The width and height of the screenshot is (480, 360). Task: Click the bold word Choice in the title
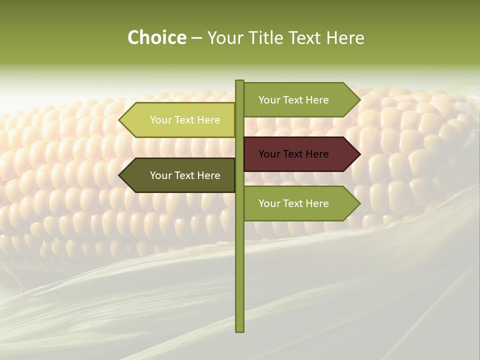click(x=156, y=38)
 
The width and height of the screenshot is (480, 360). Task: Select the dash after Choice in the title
click(x=196, y=38)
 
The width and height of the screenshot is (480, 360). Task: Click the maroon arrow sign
click(x=300, y=154)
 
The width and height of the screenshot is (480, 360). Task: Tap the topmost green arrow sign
click(x=300, y=100)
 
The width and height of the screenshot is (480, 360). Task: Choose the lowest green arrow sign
click(x=300, y=203)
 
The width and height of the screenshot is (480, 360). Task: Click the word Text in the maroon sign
click(x=294, y=154)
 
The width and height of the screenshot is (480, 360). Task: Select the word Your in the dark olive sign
click(x=161, y=175)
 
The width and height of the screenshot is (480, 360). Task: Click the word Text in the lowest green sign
click(x=294, y=203)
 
